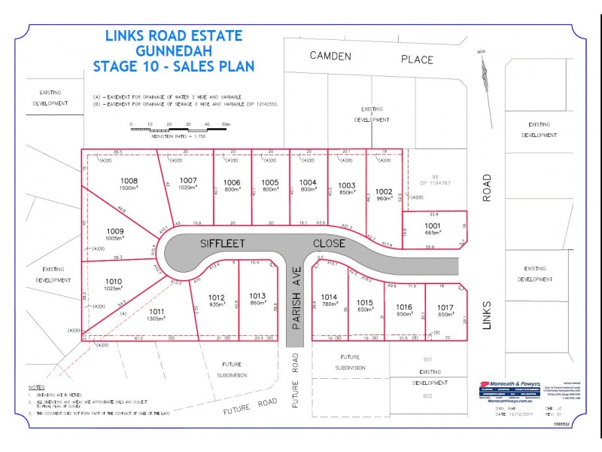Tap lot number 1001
tap(431, 224)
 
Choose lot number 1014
tap(330, 296)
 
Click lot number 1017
tap(444, 307)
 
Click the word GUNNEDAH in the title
tap(173, 50)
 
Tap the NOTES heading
tap(36, 386)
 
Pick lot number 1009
tap(114, 231)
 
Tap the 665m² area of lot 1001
tap(431, 233)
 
